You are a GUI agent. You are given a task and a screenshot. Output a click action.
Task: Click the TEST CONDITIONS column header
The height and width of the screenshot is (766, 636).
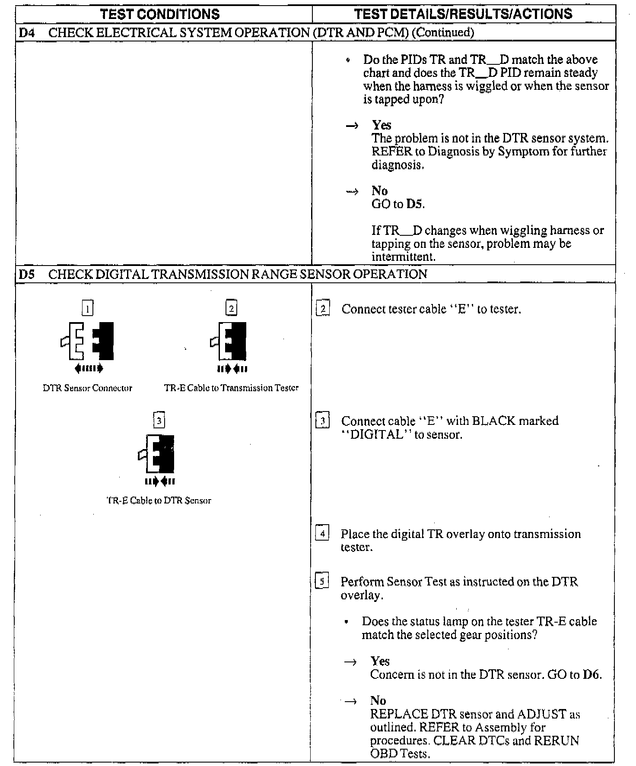[160, 14]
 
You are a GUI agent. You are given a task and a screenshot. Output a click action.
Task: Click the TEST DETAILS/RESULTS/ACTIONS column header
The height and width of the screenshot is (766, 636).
[463, 14]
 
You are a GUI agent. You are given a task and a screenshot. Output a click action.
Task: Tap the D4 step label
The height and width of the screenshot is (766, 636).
[27, 33]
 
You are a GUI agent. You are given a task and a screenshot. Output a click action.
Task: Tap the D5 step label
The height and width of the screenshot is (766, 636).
[27, 274]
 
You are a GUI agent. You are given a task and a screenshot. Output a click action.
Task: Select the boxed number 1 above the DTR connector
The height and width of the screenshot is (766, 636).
[88, 308]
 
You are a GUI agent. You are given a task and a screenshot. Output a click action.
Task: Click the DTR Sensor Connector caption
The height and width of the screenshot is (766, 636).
[87, 388]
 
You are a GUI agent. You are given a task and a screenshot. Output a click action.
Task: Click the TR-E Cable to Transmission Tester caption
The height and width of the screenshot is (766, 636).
[231, 388]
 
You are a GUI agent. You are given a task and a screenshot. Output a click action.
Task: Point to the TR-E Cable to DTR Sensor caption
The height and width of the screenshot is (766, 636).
[159, 500]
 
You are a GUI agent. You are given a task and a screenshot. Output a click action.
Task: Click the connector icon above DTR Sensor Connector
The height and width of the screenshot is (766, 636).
[88, 341]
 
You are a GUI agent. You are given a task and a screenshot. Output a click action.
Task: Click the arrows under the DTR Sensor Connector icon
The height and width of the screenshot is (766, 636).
[89, 368]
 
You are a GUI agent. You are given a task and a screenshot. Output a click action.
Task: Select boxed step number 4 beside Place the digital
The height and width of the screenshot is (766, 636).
[322, 534]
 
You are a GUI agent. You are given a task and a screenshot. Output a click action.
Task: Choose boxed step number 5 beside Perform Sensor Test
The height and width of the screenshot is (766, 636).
[322, 581]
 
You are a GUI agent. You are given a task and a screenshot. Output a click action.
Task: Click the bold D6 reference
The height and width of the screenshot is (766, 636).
[591, 674]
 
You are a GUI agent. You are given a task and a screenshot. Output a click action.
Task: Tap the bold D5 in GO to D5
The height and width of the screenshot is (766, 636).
[414, 204]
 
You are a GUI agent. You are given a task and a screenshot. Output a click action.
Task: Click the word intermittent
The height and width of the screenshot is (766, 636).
[404, 257]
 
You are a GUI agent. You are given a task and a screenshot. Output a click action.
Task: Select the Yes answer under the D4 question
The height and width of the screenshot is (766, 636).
[382, 125]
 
